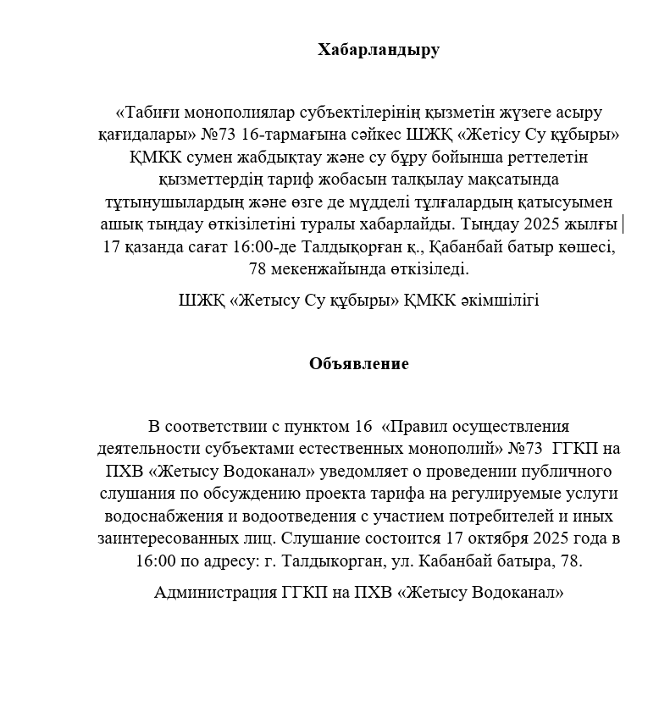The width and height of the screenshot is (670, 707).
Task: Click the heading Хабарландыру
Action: pyautogui.click(x=379, y=49)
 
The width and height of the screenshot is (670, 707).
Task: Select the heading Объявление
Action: pyautogui.click(x=358, y=363)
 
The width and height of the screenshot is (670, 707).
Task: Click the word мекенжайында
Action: pyautogui.click(x=325, y=269)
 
